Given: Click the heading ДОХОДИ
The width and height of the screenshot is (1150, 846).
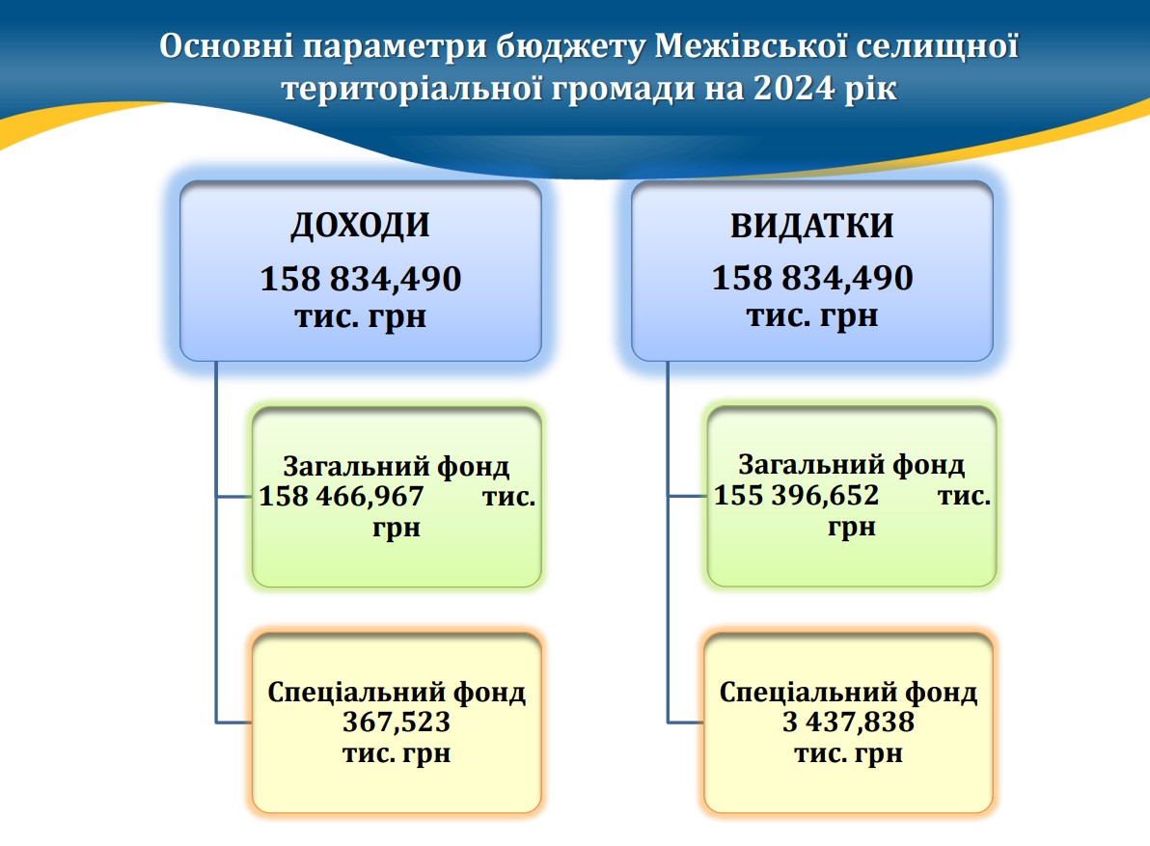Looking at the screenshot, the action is coord(360,226).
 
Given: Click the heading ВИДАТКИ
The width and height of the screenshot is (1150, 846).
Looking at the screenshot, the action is coord(812,226).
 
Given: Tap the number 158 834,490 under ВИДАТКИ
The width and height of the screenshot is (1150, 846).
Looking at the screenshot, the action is coord(812,279).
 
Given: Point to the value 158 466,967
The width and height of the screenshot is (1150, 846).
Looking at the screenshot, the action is coord(341,496).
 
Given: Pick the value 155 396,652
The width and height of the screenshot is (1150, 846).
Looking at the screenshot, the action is coord(797,495).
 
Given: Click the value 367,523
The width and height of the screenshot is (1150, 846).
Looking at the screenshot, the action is coord(397,723).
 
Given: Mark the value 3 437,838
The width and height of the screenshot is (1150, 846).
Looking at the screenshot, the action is coord(849,723).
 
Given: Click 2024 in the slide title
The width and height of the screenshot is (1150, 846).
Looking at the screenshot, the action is coord(794,89).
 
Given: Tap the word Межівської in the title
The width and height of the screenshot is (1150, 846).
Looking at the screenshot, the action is coord(751,45).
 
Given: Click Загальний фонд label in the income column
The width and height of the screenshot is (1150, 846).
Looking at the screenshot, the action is coord(397,466).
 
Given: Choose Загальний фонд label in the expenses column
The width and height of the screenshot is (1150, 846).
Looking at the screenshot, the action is coord(852,465).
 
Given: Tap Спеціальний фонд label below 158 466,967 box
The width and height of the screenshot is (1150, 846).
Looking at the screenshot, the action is coord(397,692).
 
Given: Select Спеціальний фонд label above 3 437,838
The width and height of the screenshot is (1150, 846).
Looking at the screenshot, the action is coord(849,692).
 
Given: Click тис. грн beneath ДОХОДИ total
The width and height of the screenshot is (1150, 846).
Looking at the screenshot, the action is coord(361,317).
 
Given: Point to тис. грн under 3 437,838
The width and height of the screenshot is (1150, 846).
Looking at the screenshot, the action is coord(849,753).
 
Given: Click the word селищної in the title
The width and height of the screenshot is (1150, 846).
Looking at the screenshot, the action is coord(938,45).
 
